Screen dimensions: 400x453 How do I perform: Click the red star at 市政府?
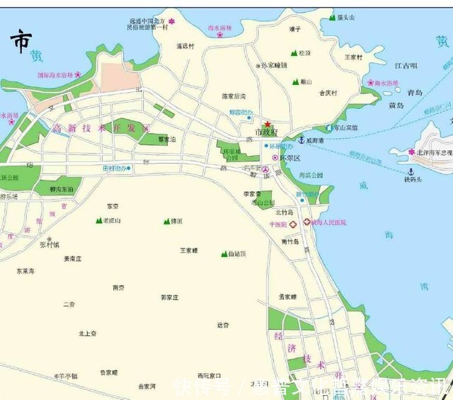tap(267, 124)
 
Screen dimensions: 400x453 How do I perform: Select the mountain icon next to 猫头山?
tap(332, 17)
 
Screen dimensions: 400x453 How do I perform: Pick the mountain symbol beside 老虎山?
tap(98, 221)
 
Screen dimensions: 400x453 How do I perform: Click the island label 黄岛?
tap(396, 105)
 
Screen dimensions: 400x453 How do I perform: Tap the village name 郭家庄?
tap(170, 297)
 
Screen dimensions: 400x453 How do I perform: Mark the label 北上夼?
tap(88, 333)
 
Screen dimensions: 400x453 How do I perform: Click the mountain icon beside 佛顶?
tap(166, 221)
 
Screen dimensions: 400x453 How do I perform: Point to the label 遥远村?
tap(185, 46)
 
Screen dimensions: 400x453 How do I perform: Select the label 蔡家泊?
tap(167, 139)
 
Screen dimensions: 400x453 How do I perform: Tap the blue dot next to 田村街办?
tap(129, 168)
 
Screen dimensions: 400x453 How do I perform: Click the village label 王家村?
tap(353, 57)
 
